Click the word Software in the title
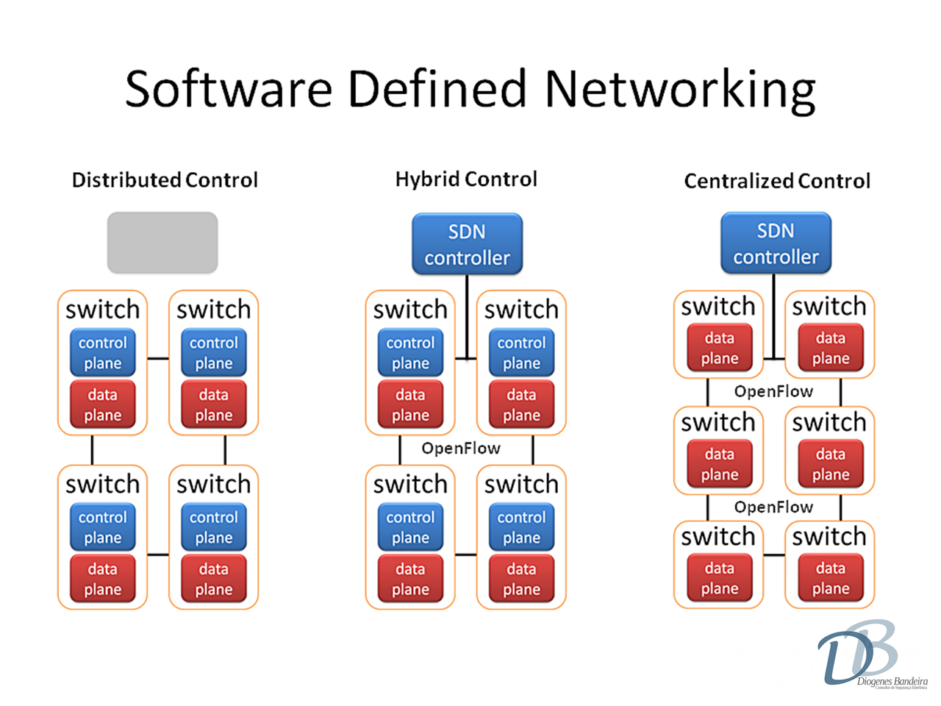coord(229,88)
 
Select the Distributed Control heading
coord(165,180)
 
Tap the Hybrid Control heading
coord(466,179)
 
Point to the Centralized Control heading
coord(777,181)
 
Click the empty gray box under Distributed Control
coord(162,243)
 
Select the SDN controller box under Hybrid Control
coord(467,244)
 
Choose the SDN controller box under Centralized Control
coord(776,243)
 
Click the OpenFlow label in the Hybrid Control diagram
coord(461,449)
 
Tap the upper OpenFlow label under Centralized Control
coord(773,392)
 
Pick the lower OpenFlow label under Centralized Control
coord(773,507)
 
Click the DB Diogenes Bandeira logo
coord(867,655)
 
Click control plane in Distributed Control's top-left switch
coord(102,353)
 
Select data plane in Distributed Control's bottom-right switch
coord(214,580)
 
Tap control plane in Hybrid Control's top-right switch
coord(521,353)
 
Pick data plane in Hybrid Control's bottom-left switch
coord(410,580)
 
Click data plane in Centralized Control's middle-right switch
coord(831,465)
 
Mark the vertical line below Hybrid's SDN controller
coord(468,316)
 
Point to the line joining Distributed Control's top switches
coord(158,359)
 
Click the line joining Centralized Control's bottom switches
coord(774,555)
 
